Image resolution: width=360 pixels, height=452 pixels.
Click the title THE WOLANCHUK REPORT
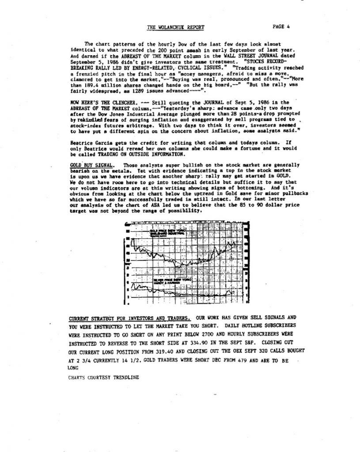tap(175, 27)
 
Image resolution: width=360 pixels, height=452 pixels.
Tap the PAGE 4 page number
tap(281, 26)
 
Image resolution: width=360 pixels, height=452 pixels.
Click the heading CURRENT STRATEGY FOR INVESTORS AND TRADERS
tap(130, 318)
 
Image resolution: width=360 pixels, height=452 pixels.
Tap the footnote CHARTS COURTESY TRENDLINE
tap(103, 378)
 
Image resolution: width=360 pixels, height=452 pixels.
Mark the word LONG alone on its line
tap(73, 367)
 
